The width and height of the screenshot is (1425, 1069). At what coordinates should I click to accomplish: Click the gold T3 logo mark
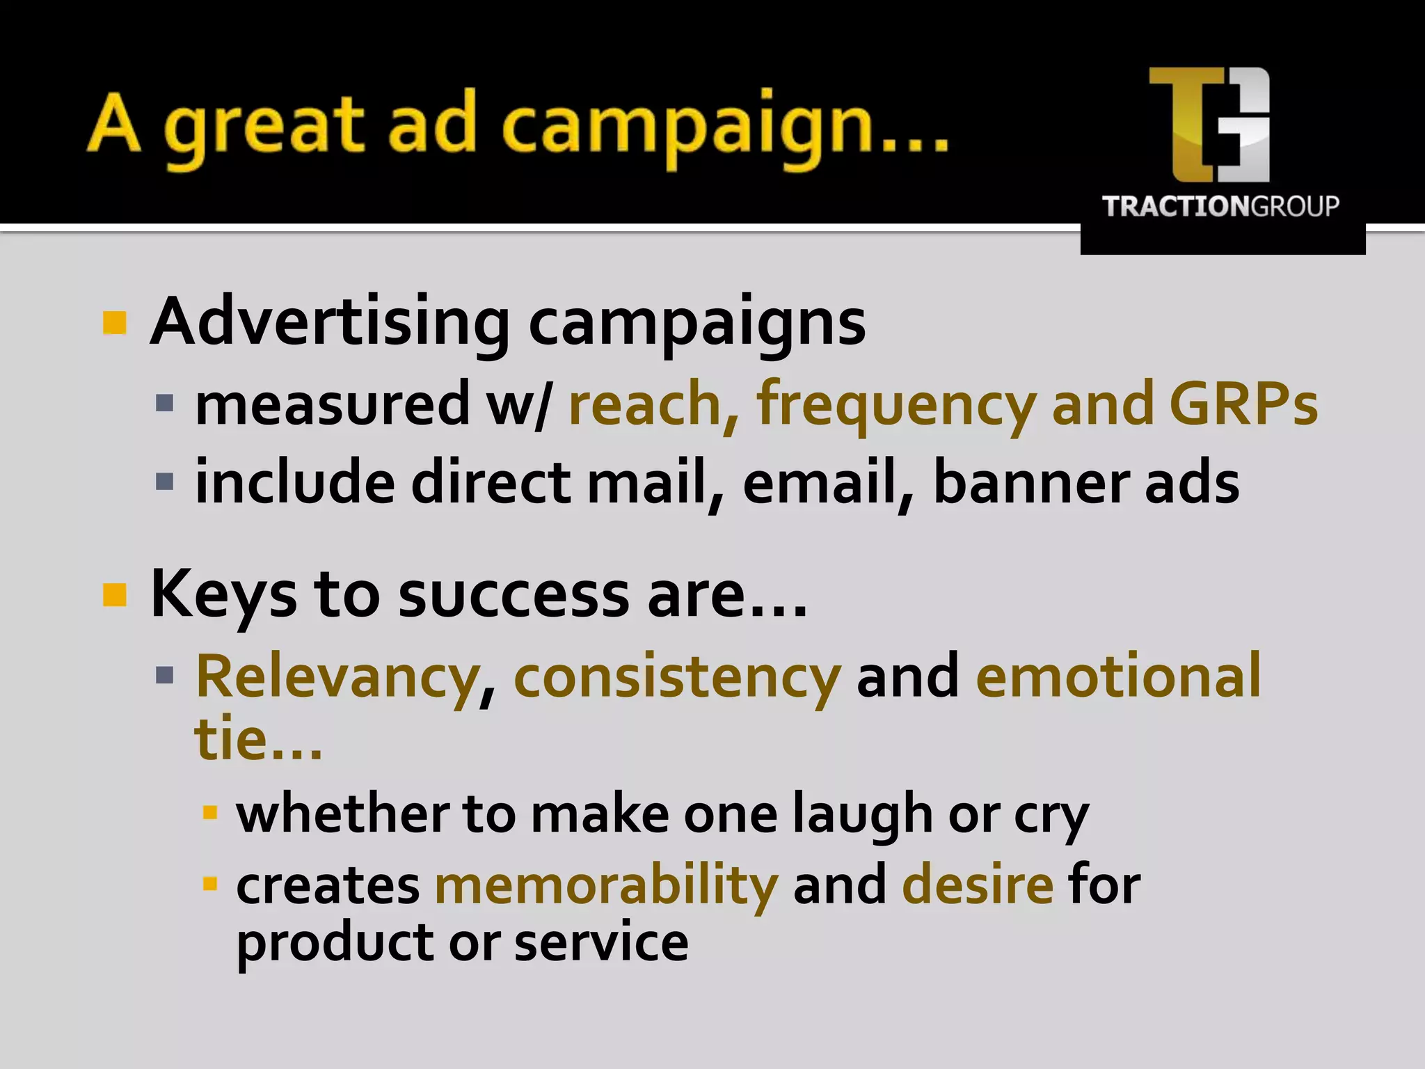pyautogui.click(x=1209, y=124)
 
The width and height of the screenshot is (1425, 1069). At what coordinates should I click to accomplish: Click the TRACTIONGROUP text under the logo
pyautogui.click(x=1220, y=207)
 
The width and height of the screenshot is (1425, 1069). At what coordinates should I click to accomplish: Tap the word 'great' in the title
pyautogui.click(x=264, y=125)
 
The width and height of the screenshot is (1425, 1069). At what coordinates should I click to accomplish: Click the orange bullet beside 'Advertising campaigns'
pyautogui.click(x=115, y=322)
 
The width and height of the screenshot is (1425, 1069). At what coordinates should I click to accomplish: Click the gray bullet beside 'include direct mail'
pyautogui.click(x=165, y=482)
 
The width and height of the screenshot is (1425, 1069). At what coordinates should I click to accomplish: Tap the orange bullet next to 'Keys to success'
pyautogui.click(x=115, y=595)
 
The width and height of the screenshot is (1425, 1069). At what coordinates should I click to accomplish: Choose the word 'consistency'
pyautogui.click(x=677, y=676)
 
